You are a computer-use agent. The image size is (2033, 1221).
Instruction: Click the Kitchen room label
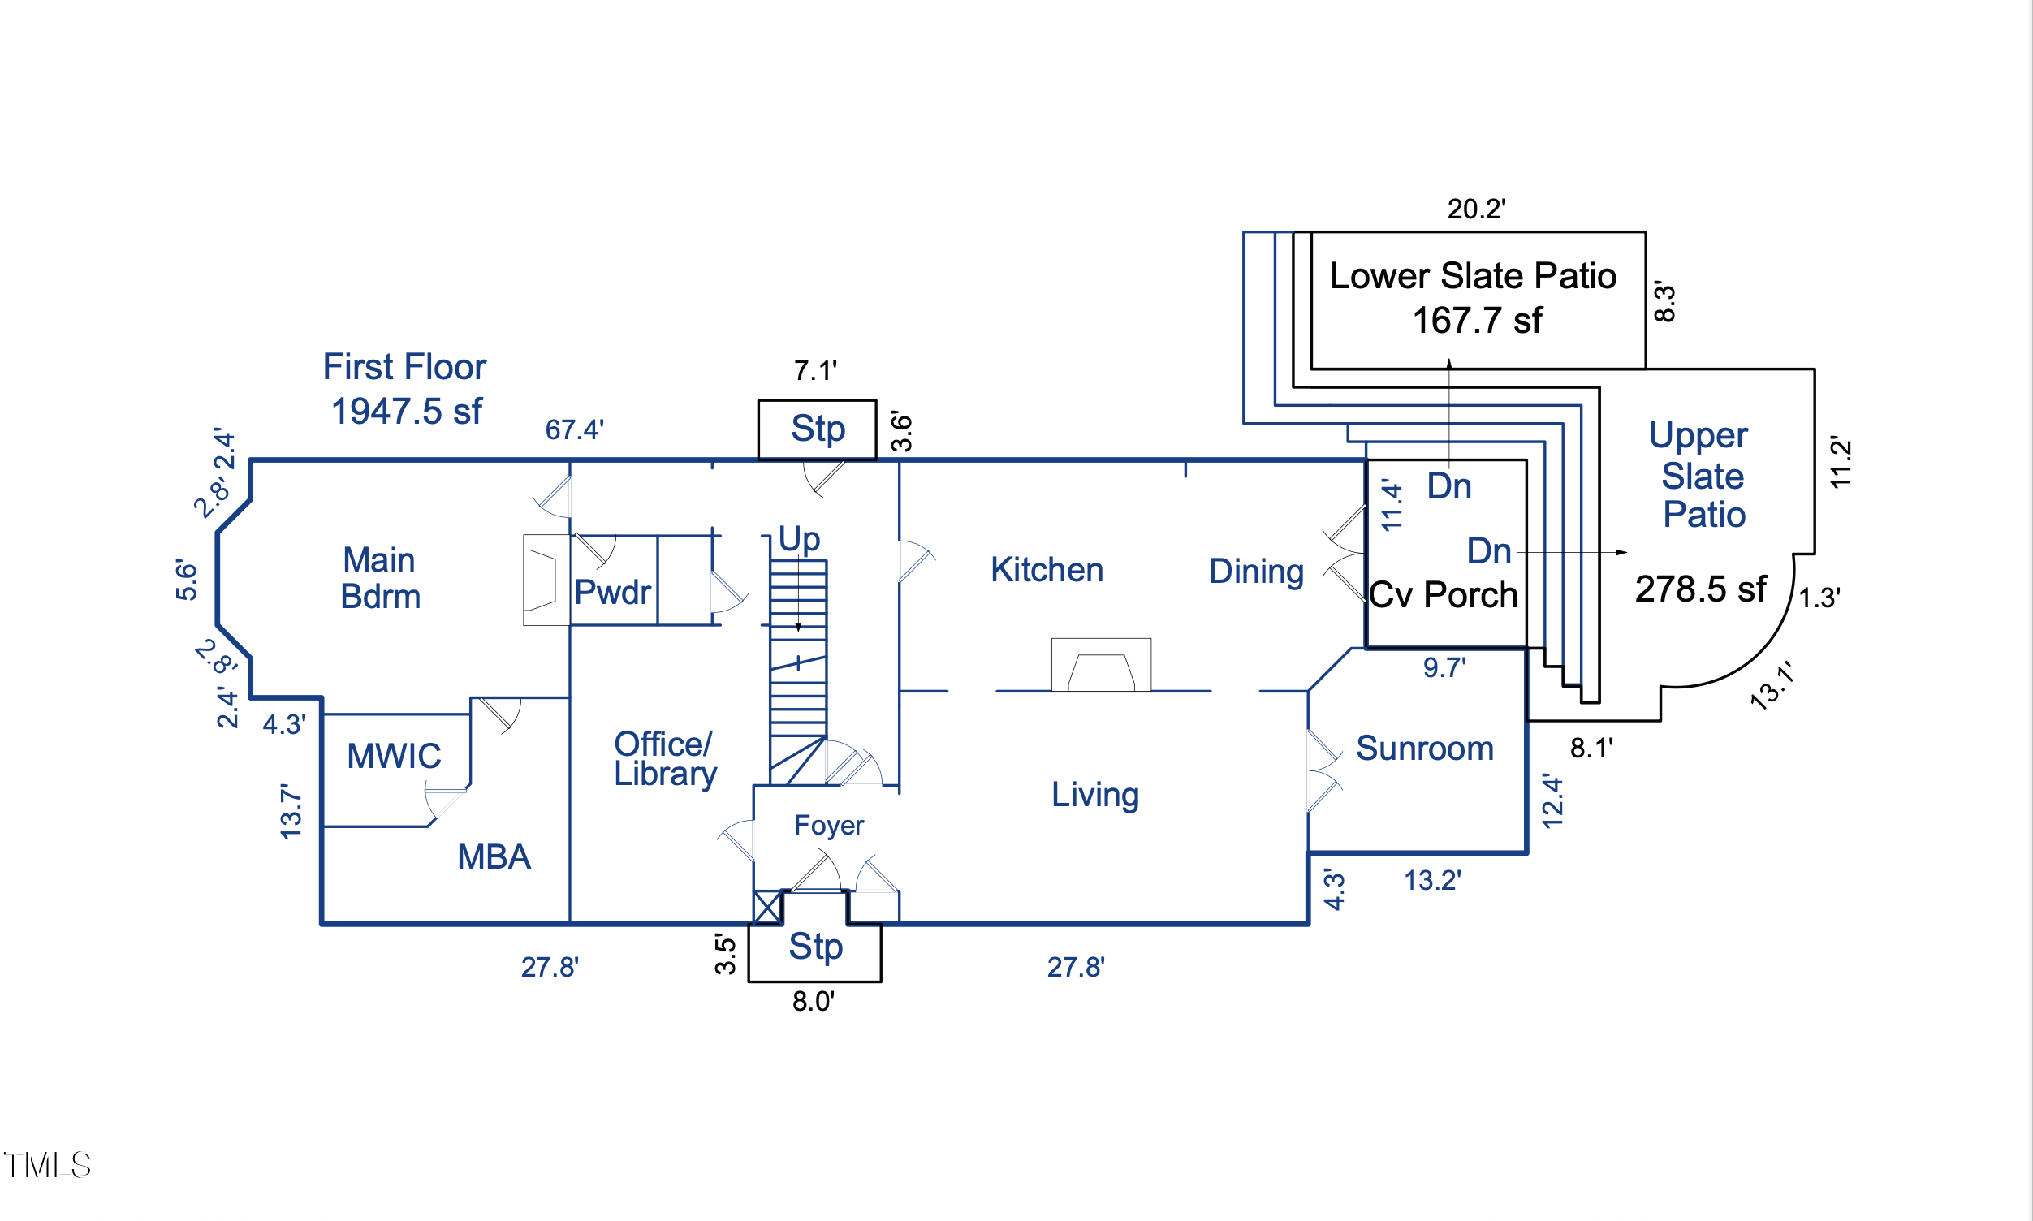coord(1047,570)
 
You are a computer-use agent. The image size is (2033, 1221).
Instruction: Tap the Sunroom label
coord(1424,749)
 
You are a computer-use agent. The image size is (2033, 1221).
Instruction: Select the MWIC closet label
coord(393,756)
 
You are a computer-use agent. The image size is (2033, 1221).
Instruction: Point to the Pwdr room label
coord(612,593)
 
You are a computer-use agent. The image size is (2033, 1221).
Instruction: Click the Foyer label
coord(828,826)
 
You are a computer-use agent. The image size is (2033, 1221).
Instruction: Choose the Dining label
coord(1256,572)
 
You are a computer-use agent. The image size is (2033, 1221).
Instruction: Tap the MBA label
coord(494,857)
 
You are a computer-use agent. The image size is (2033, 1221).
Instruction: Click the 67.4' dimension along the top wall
coord(574,429)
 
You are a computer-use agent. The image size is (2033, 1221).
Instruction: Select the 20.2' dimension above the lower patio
coord(1476,209)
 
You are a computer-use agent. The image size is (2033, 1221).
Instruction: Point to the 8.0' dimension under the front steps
coord(813,1001)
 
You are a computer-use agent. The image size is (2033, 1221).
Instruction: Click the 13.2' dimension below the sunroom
coord(1432,881)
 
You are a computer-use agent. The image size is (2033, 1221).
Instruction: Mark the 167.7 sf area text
coord(1477,321)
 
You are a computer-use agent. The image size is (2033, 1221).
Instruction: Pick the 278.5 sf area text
coord(1700,589)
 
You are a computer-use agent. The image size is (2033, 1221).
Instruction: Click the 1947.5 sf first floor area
coord(407,412)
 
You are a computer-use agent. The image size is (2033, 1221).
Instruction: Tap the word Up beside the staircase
coord(799,540)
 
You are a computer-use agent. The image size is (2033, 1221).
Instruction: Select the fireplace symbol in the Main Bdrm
coord(546,580)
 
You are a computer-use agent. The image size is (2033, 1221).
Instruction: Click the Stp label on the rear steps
coord(818,429)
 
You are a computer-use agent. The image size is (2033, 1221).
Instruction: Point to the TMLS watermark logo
coord(47,1165)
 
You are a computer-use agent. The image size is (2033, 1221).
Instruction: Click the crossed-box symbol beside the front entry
coord(766,907)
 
